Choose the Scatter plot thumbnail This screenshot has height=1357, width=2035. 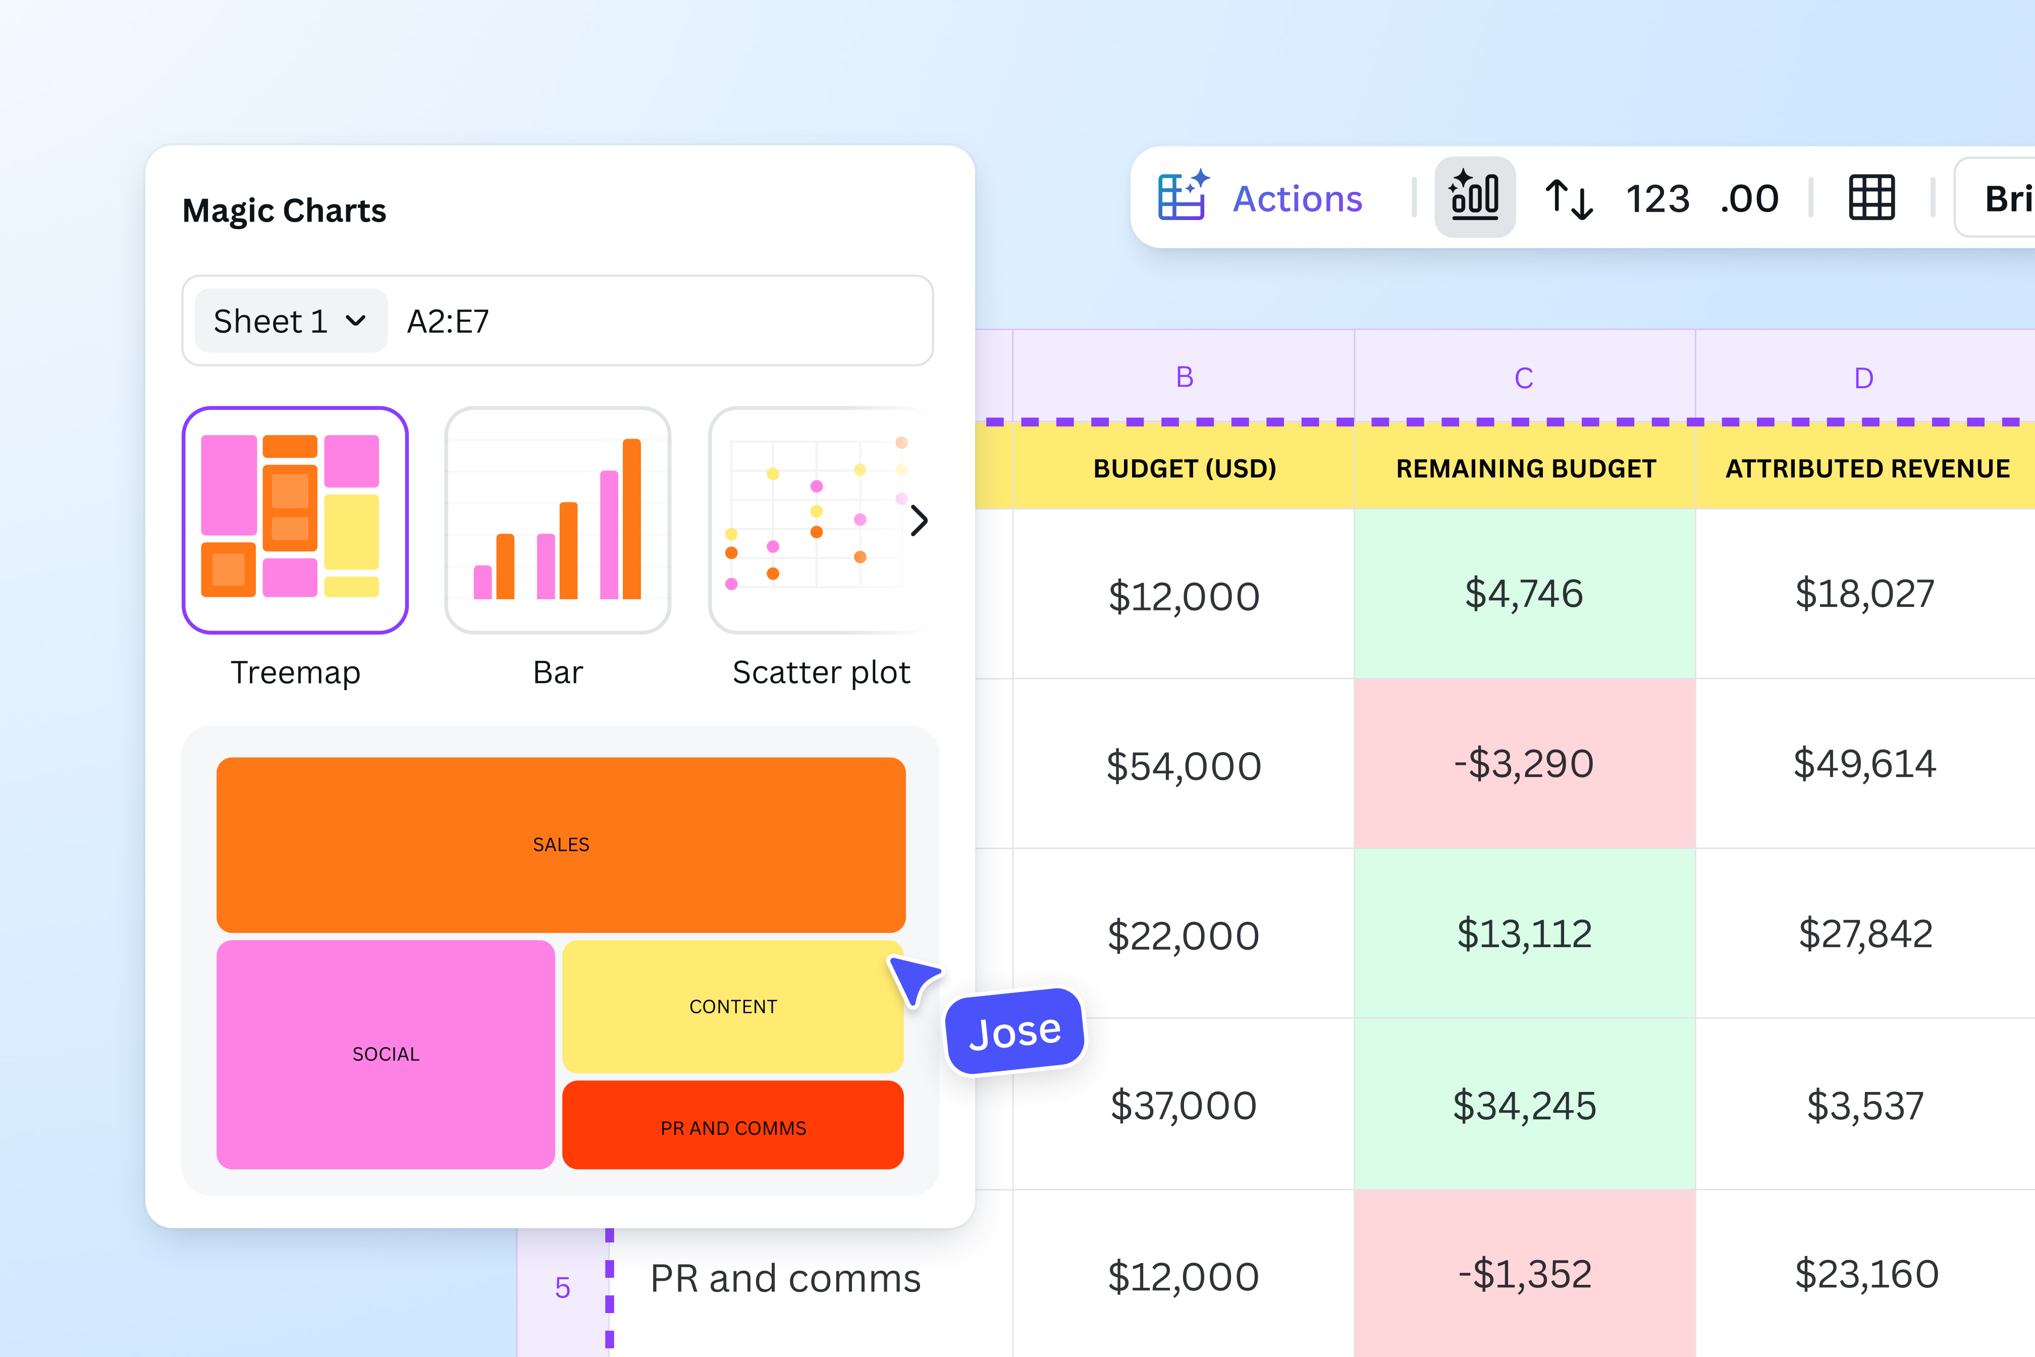[813, 519]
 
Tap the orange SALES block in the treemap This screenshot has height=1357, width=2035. [561, 845]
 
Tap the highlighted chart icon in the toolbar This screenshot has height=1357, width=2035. [1474, 197]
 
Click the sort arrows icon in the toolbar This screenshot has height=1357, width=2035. [1569, 198]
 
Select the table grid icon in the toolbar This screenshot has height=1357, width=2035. [1871, 198]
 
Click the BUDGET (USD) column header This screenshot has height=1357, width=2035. [1184, 468]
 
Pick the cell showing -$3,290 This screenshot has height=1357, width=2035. [1524, 763]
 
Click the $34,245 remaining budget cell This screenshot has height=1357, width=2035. [1524, 1105]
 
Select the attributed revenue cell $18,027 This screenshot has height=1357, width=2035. [1864, 594]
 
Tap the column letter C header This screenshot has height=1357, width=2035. [1524, 378]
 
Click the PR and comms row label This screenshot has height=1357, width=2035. [785, 1278]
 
